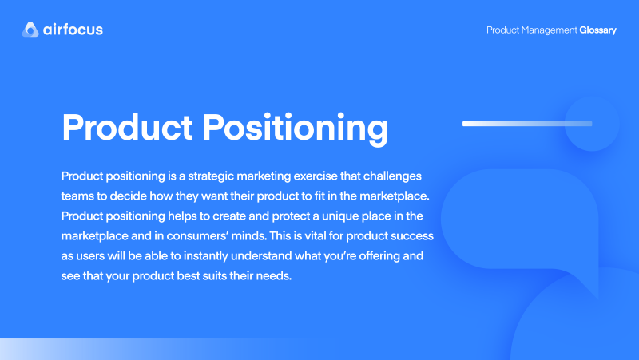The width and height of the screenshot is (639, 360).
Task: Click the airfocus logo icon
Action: [x=30, y=30]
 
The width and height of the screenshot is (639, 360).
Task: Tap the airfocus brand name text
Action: [x=73, y=30]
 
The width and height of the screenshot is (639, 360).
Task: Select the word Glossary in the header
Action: [x=598, y=30]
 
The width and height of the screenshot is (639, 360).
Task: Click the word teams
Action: [x=78, y=196]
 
